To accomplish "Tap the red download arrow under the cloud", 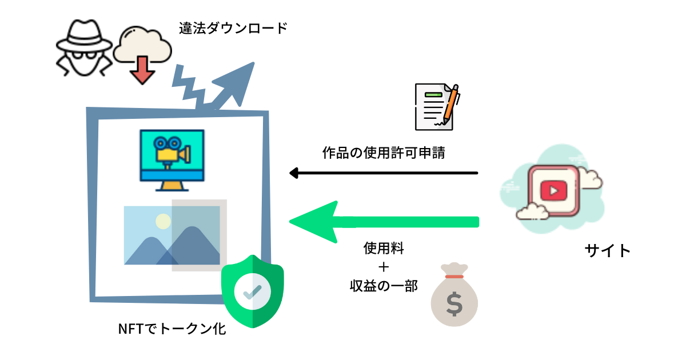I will coord(141,71).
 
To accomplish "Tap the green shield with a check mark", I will coord(252,291).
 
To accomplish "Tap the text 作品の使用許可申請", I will coord(383,153).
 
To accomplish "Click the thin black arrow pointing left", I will coord(383,173).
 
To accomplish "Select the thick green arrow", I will coord(383,222).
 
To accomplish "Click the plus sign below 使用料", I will coord(384,267).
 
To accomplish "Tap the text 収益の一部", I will coord(384,286).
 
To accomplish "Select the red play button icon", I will coord(552,190).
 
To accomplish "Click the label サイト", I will coord(608,250).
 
